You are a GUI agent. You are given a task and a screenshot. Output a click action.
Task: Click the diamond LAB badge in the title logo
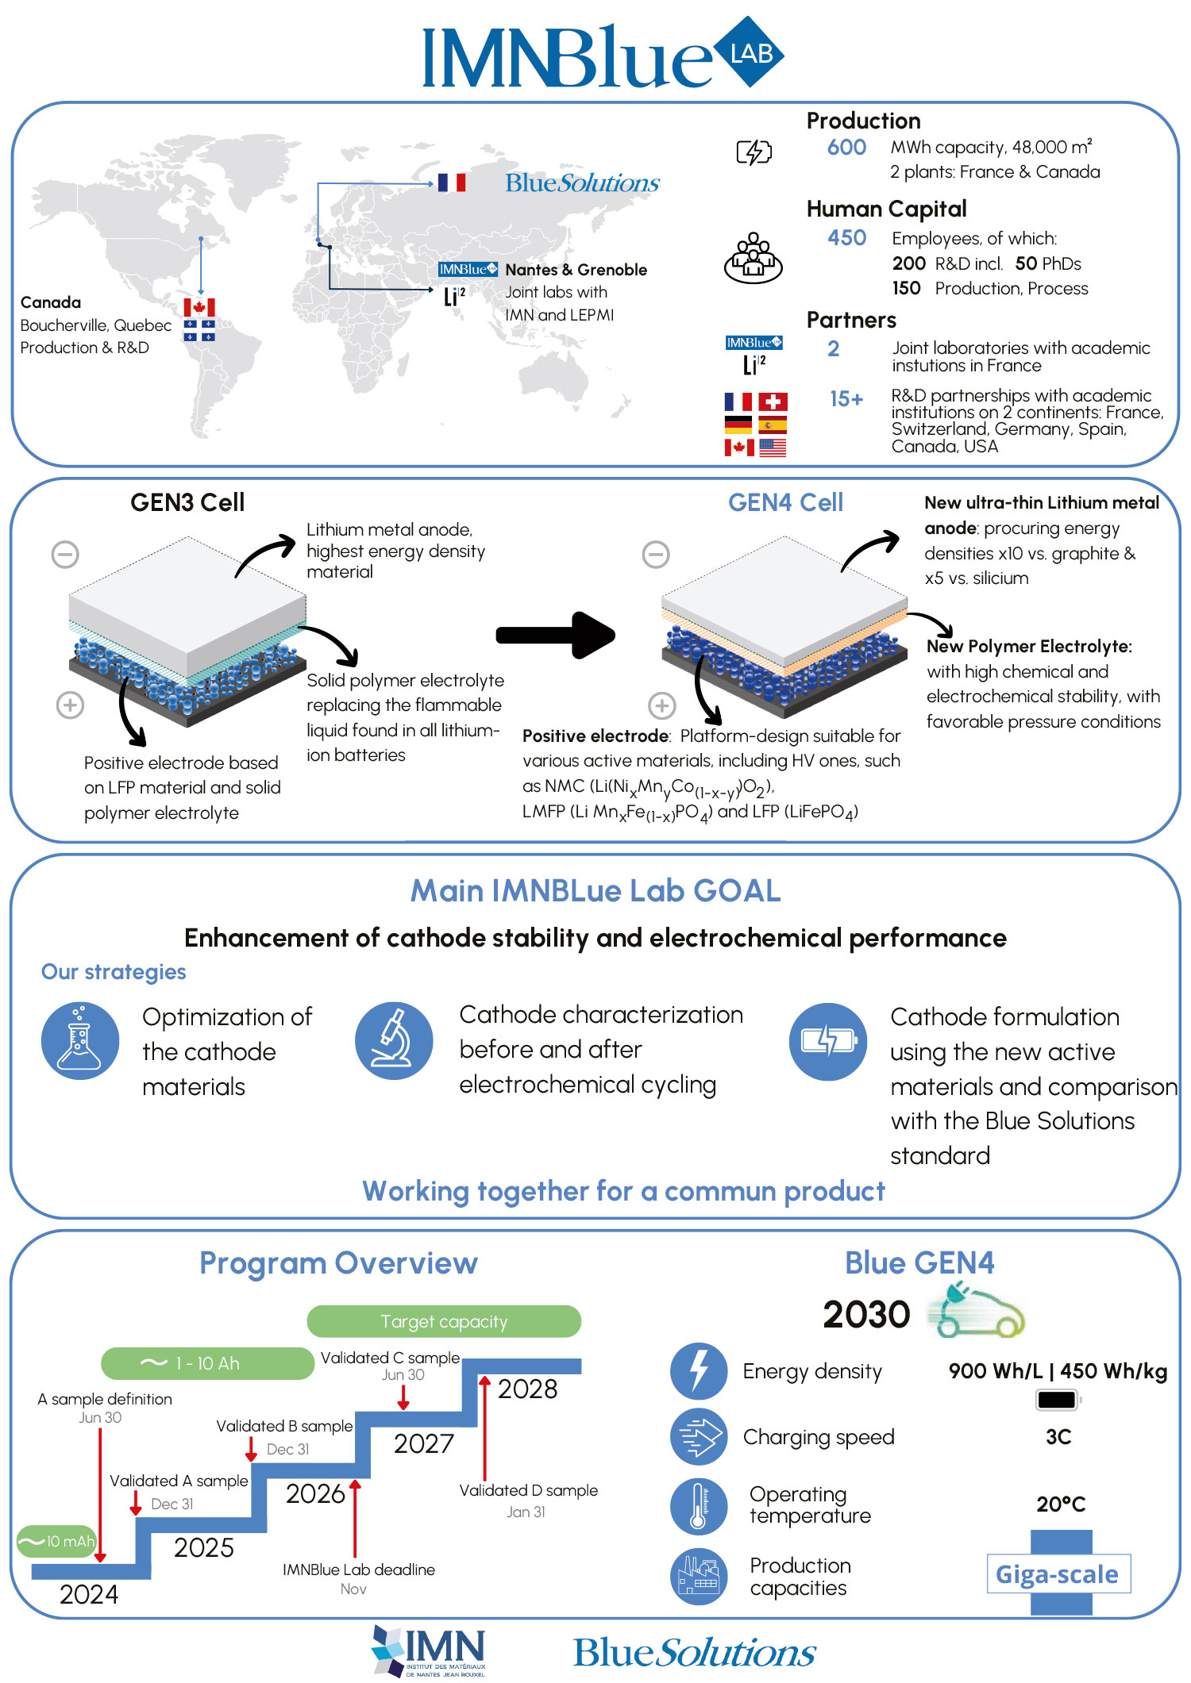click(x=749, y=52)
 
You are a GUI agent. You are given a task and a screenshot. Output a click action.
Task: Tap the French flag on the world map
click(x=451, y=183)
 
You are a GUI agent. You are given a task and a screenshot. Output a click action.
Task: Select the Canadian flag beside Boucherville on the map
click(x=199, y=307)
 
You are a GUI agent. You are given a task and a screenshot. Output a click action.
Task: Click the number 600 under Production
click(x=846, y=148)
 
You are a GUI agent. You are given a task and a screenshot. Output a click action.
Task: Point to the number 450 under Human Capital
click(x=846, y=238)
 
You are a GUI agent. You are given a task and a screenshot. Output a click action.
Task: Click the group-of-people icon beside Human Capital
click(x=754, y=258)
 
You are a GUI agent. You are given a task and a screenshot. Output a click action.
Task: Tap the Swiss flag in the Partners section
click(x=773, y=402)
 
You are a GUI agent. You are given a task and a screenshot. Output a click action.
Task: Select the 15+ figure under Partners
click(x=846, y=399)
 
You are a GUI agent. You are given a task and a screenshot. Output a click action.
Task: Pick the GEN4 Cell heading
click(x=785, y=502)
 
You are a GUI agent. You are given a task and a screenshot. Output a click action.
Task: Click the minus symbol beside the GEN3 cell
click(x=65, y=554)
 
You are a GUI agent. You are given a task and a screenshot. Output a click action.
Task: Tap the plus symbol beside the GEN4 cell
click(x=662, y=705)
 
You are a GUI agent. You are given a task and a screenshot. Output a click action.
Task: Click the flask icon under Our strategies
click(x=80, y=1041)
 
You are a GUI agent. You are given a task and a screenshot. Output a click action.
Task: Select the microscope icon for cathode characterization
click(x=394, y=1041)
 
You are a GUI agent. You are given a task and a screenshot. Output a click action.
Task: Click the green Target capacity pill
click(x=444, y=1321)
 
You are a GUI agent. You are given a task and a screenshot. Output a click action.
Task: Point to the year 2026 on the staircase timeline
click(x=315, y=1493)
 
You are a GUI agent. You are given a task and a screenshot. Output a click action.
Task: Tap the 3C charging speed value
click(x=1058, y=1437)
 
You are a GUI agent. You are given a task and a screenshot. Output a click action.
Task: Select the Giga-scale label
click(x=1058, y=1574)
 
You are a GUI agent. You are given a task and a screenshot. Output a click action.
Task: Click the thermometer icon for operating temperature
click(x=699, y=1506)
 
